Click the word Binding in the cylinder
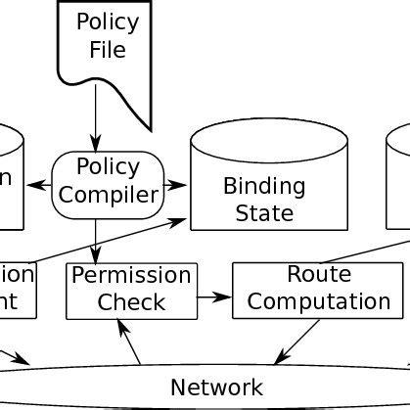[264, 185]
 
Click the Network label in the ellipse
[217, 386]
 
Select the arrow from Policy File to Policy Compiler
[96, 121]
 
